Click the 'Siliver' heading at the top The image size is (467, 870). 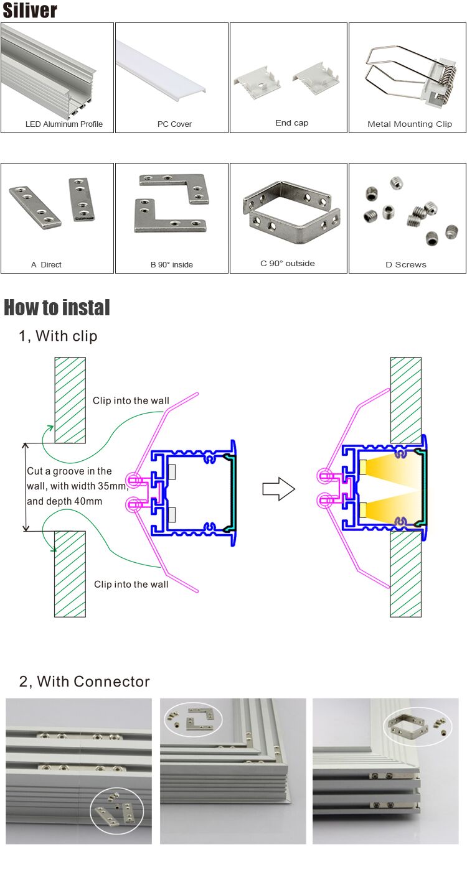(x=29, y=10)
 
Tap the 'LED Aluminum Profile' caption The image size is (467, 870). (x=64, y=124)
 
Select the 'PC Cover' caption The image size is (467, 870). (x=174, y=124)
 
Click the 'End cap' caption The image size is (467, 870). (x=291, y=123)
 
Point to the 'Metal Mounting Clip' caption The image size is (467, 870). (x=410, y=124)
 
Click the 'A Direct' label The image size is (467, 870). (x=46, y=265)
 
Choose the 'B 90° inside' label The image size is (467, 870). (x=172, y=265)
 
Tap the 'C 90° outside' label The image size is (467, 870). (x=287, y=263)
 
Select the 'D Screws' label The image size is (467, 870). (x=406, y=265)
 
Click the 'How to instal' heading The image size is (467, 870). (x=57, y=308)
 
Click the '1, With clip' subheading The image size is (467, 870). (x=59, y=336)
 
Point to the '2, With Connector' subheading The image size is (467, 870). (x=85, y=682)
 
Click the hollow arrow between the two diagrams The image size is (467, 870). (x=279, y=489)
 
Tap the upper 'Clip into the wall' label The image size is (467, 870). (x=131, y=401)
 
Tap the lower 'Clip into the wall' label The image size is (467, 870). (x=131, y=585)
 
